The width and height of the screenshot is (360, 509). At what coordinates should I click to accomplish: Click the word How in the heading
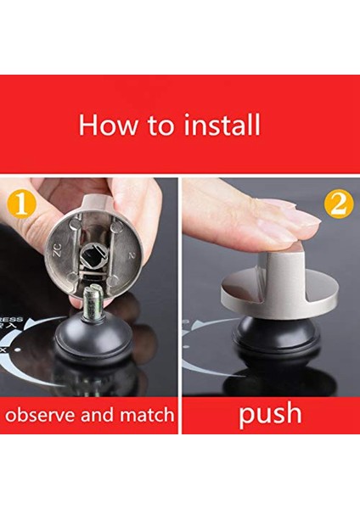[x=105, y=125]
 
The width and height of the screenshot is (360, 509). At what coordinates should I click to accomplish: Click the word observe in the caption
[x=49, y=416]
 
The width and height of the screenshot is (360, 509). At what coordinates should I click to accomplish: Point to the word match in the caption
[x=146, y=416]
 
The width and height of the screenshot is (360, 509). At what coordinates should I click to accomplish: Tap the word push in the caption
[x=269, y=414]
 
